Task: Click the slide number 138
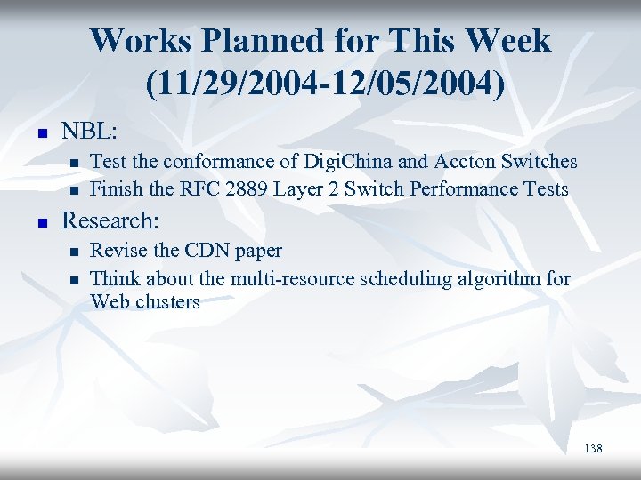(593, 449)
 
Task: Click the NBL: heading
(89, 131)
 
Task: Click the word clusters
(168, 302)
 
